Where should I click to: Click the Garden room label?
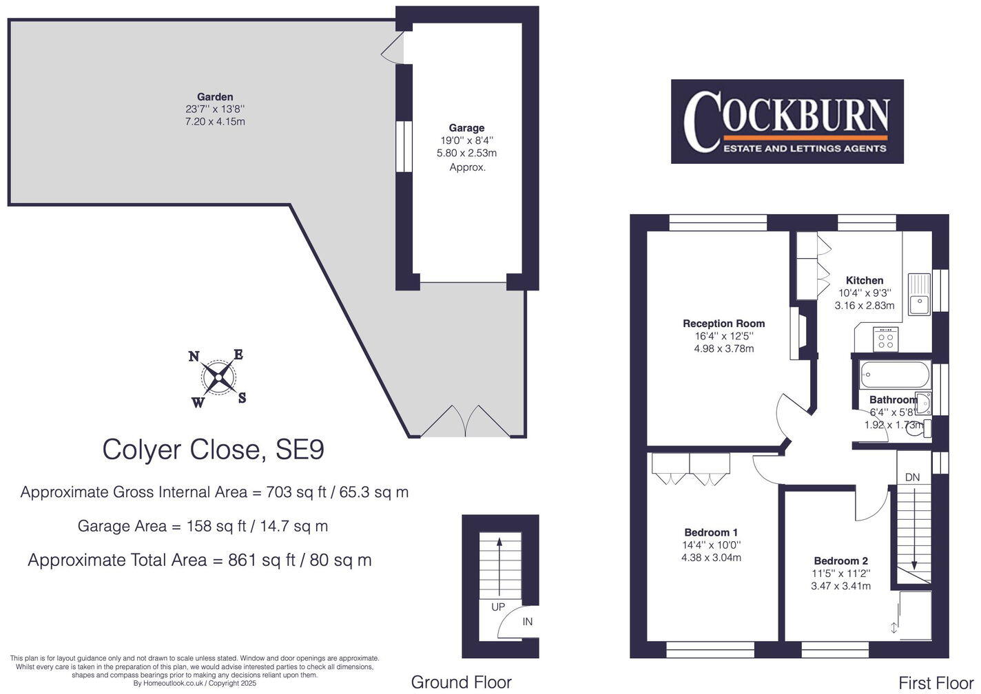[215, 97]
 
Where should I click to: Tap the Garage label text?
[466, 128]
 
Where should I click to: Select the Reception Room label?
[723, 324]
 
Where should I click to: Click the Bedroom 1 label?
[711, 532]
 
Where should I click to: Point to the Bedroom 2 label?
[840, 561]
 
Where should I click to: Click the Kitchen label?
[865, 280]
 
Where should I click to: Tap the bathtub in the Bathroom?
[894, 376]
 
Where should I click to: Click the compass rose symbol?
[218, 378]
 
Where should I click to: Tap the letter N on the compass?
[194, 356]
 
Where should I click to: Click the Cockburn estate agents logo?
[787, 121]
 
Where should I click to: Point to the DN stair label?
[912, 477]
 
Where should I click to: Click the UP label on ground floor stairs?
[498, 607]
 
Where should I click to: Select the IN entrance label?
[528, 622]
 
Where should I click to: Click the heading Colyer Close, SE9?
[213, 450]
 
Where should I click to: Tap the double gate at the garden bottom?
[465, 421]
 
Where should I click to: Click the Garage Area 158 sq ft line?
[203, 527]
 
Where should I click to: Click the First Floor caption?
[936, 682]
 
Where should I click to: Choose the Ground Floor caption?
[461, 682]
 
